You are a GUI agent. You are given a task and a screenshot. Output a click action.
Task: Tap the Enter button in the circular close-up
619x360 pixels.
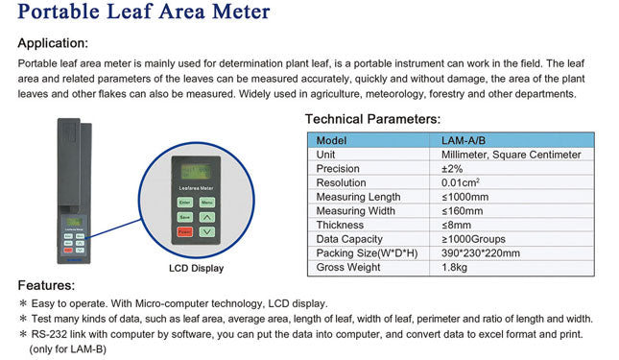click(x=184, y=203)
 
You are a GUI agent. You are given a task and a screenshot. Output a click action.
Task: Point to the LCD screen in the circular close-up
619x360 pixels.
click(x=196, y=174)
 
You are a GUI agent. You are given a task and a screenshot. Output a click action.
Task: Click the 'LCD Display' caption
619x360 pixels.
click(x=196, y=268)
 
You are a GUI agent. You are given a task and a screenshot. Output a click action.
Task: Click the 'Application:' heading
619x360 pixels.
click(x=53, y=43)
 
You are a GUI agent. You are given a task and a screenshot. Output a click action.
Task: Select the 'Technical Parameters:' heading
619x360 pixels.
click(x=372, y=119)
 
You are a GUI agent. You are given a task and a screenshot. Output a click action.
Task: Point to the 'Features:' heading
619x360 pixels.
click(x=46, y=285)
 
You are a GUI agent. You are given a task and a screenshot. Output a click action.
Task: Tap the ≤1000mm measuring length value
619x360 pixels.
click(x=464, y=197)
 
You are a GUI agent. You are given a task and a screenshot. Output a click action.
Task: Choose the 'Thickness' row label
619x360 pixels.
click(x=342, y=225)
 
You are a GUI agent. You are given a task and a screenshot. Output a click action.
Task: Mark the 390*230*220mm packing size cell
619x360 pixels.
click(x=481, y=253)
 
